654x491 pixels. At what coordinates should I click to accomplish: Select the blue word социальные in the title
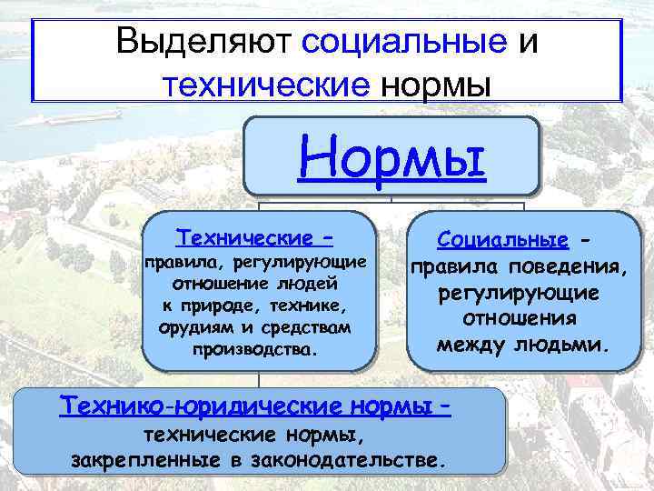pos(401,43)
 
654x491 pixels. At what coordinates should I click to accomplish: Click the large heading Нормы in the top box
pos(391,158)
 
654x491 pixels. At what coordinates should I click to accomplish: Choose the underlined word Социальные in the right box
pos(502,241)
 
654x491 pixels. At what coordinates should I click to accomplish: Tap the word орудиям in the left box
pos(189,325)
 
